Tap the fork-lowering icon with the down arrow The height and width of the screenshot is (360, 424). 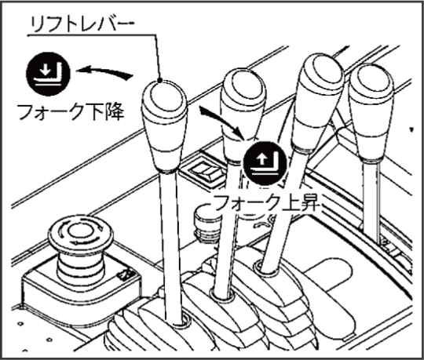pyautogui.click(x=48, y=74)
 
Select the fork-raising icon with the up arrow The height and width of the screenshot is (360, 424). pyautogui.click(x=265, y=163)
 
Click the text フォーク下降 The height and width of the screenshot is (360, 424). pyautogui.click(x=71, y=112)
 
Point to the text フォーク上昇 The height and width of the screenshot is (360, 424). pyautogui.click(x=267, y=203)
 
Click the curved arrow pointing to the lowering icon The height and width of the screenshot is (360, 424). pyautogui.click(x=104, y=72)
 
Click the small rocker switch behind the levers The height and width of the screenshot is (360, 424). pyautogui.click(x=204, y=172)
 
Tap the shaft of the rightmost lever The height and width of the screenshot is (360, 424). pyautogui.click(x=373, y=202)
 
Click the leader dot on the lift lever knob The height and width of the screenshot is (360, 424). pyautogui.click(x=160, y=80)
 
